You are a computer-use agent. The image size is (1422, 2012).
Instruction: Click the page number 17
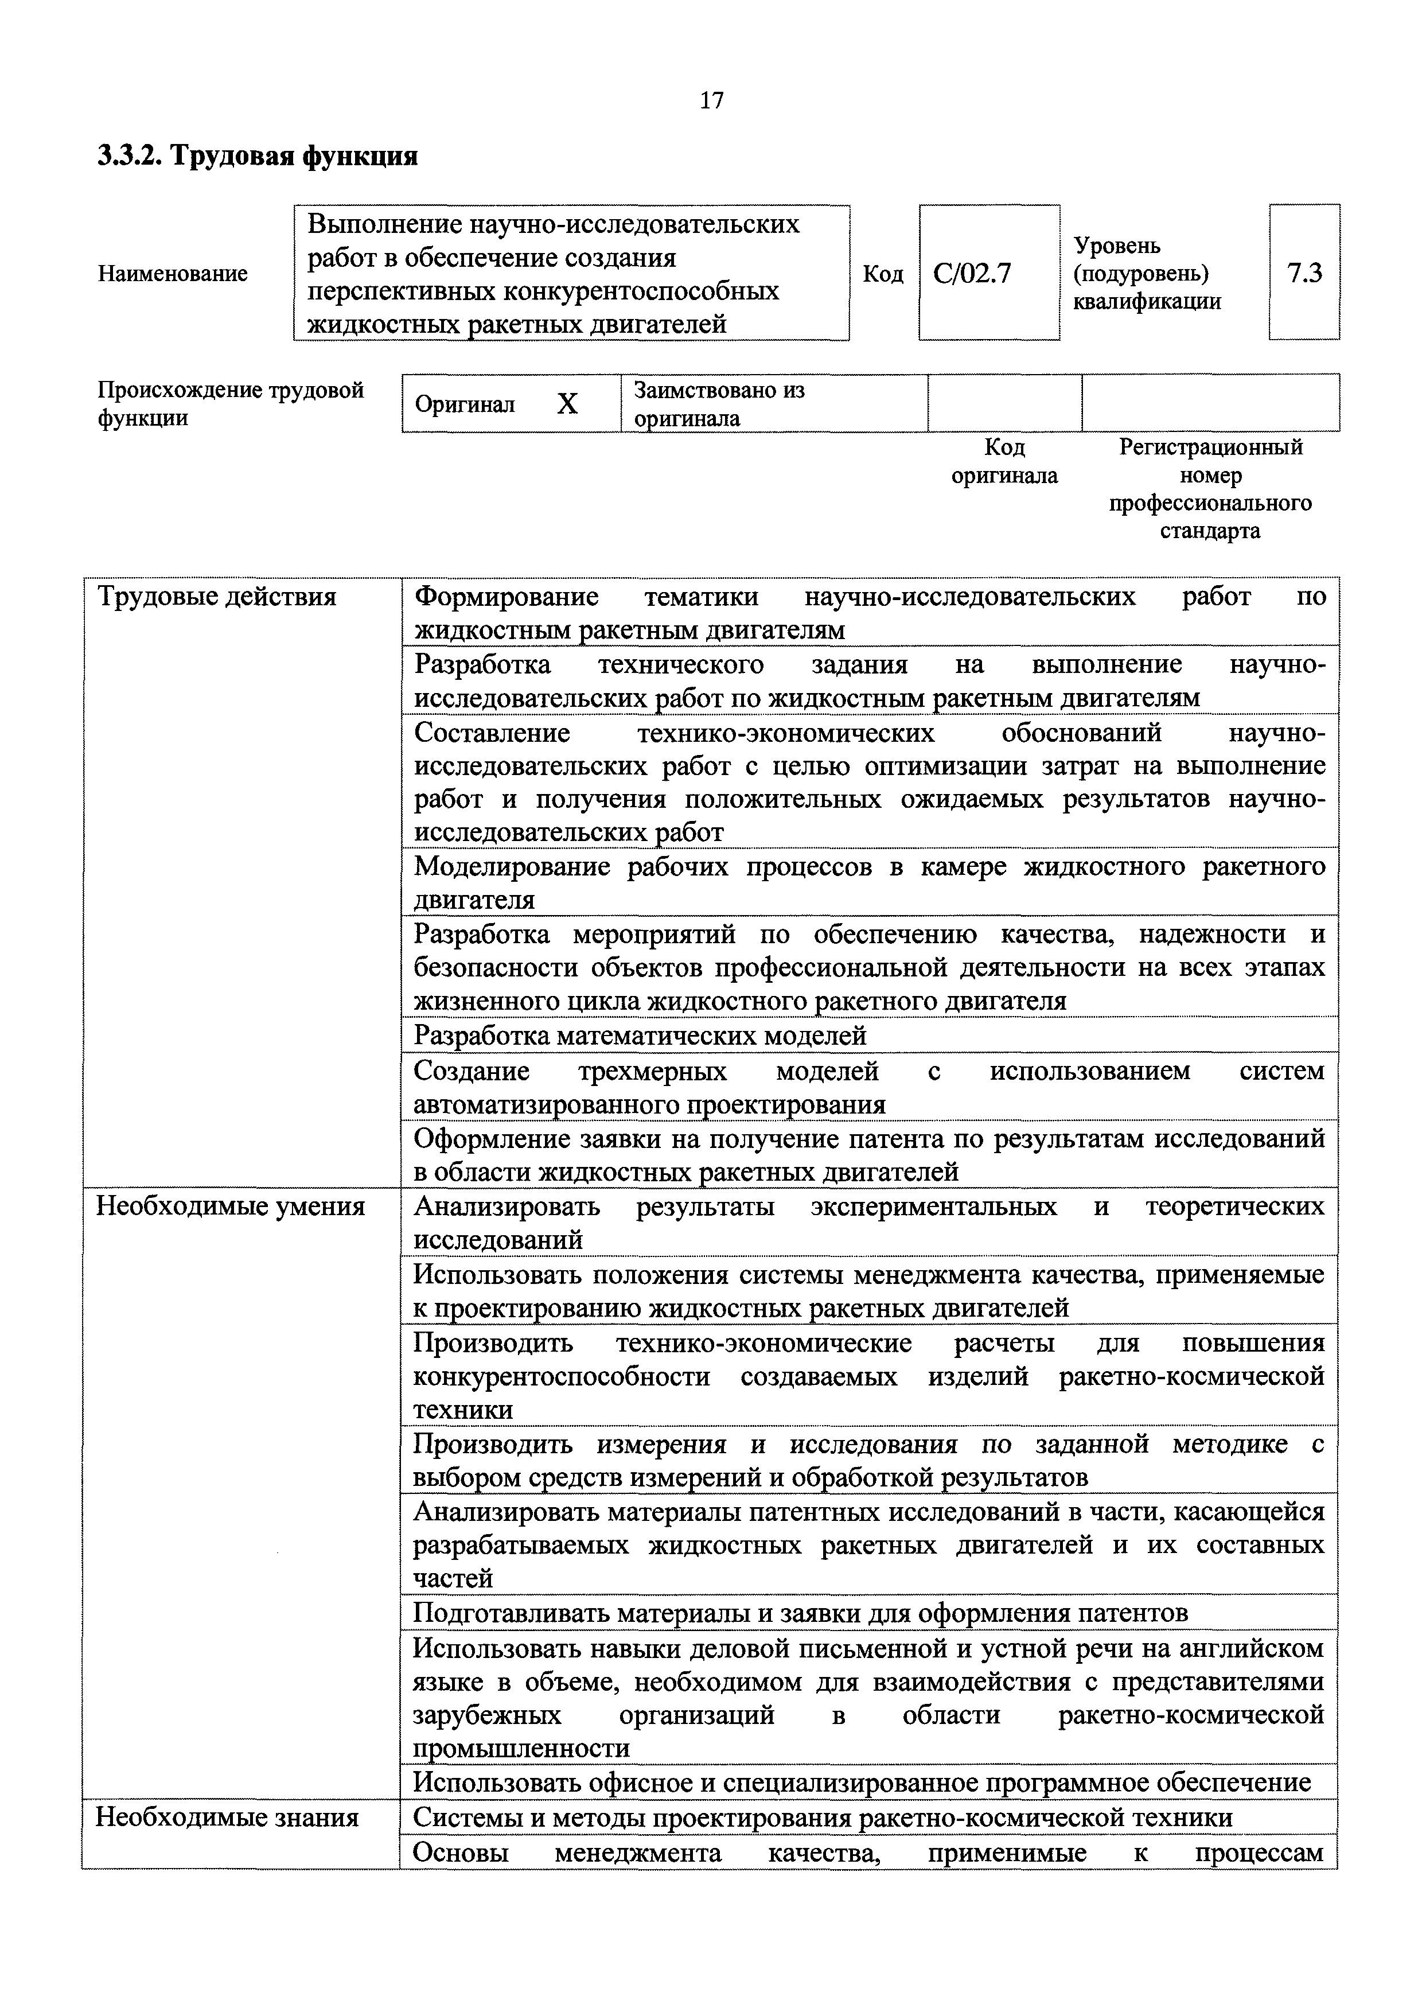[x=711, y=101]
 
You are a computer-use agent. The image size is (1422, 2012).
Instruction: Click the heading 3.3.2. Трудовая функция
[x=258, y=156]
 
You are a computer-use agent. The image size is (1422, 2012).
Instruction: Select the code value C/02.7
[x=972, y=274]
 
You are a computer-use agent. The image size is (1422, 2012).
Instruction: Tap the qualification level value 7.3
[x=1304, y=274]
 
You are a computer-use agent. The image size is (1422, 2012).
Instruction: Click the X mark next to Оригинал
[x=568, y=404]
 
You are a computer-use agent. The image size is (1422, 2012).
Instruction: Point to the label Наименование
[x=173, y=274]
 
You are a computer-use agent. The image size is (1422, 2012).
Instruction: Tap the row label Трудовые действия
[x=216, y=597]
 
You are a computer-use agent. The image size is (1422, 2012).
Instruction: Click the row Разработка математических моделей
[x=640, y=1036]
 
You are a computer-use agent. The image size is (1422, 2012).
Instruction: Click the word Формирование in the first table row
[x=507, y=597]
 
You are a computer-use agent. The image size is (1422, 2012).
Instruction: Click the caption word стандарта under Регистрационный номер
[x=1210, y=531]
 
